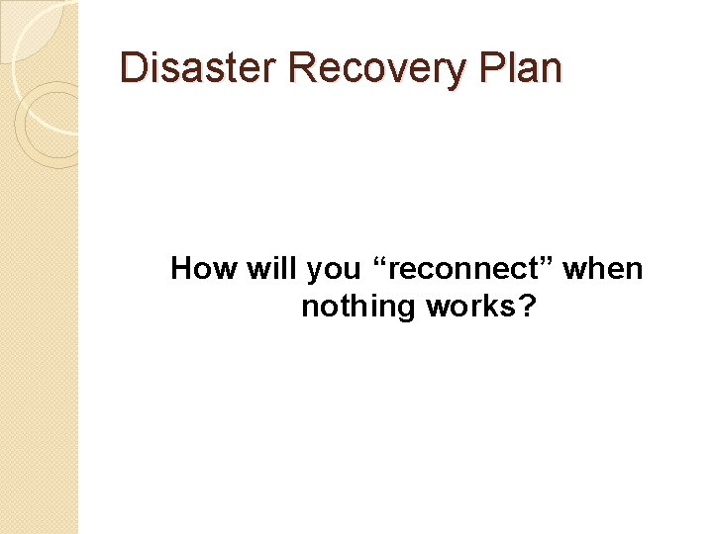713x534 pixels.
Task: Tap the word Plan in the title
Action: [524, 68]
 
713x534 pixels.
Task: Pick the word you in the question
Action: [332, 270]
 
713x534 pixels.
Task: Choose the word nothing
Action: [358, 307]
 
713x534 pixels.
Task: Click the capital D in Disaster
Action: [131, 68]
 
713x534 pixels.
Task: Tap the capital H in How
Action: [181, 268]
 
